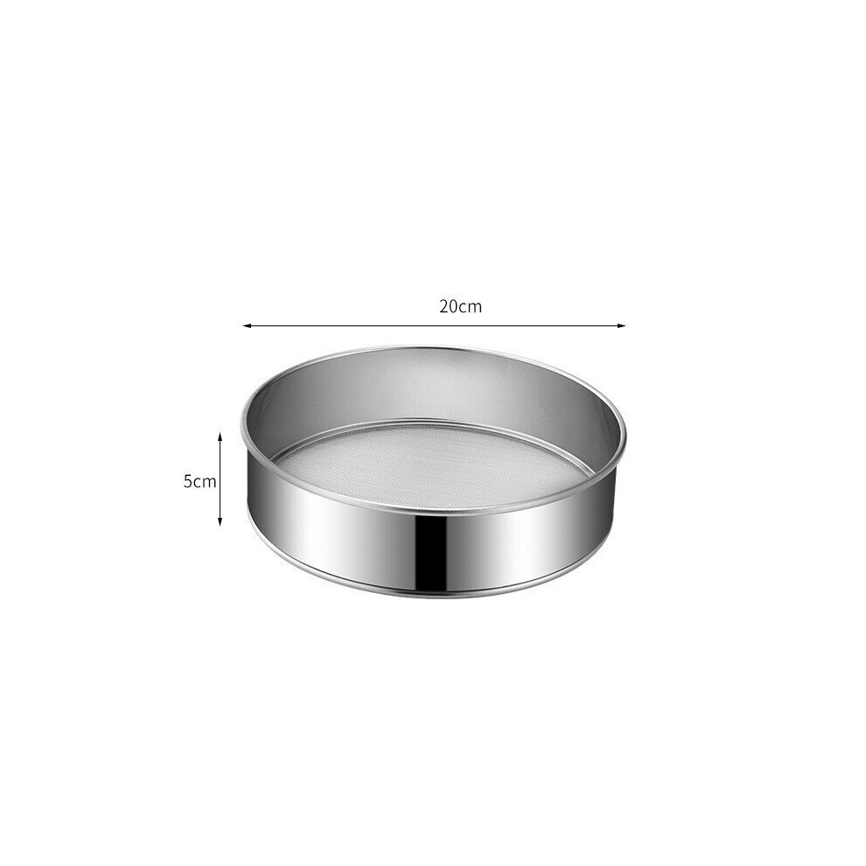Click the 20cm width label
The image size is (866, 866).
461,306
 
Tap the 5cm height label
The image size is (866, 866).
200,481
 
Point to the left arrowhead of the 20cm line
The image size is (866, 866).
248,326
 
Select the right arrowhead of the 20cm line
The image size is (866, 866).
622,326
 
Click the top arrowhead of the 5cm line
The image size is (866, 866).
220,436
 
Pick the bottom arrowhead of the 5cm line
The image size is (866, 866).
220,520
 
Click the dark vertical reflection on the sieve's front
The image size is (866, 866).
433,549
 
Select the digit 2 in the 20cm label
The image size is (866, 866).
444,306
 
